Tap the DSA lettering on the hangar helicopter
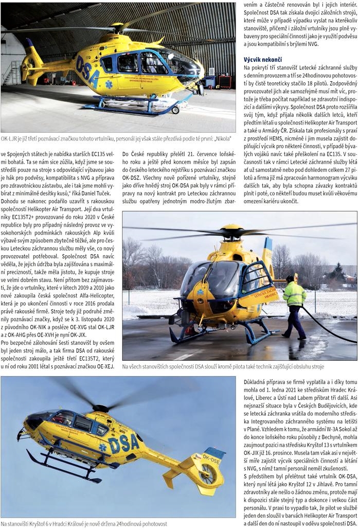[x=87, y=69]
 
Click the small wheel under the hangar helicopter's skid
[x=175, y=110]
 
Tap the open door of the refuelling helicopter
[x=260, y=282]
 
